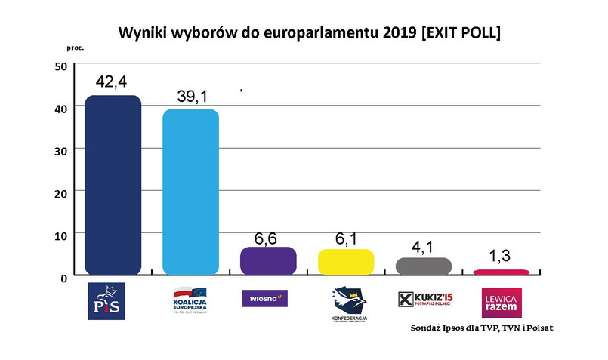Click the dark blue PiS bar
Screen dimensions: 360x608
[x=113, y=185]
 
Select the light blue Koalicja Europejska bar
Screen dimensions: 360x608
[x=191, y=192]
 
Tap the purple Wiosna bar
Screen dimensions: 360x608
[x=268, y=260]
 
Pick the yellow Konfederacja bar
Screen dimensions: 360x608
[x=346, y=261]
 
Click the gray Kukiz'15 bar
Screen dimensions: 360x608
[x=424, y=265]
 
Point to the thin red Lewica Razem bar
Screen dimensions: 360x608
[x=502, y=272]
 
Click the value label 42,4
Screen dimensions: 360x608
[x=113, y=82]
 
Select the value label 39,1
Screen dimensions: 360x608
[x=191, y=97]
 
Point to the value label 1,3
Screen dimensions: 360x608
[x=500, y=257]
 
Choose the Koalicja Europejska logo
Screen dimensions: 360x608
[x=190, y=300]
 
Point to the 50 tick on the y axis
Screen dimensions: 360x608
[x=60, y=66]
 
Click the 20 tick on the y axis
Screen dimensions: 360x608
[x=60, y=192]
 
